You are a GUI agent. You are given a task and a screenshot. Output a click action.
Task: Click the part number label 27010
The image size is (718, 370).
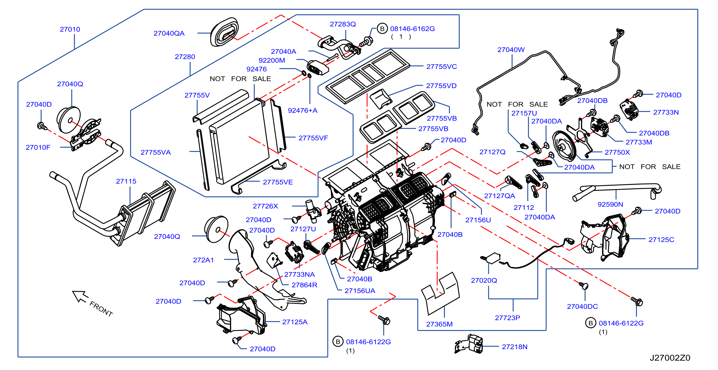coord(70,29)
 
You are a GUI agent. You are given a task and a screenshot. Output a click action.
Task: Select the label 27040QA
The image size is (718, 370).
coord(169,33)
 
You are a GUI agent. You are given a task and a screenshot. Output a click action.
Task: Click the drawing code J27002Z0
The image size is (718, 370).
coord(670,358)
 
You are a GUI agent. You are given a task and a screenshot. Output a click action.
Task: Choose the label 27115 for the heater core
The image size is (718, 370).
coord(126,181)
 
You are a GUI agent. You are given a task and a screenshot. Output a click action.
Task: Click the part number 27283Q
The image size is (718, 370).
coord(343,24)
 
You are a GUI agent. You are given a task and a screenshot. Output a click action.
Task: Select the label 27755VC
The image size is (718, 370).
coord(442,67)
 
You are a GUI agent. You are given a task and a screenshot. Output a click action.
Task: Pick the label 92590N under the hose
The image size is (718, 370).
coord(610,204)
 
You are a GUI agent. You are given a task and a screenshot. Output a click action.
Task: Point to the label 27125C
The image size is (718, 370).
coord(661,240)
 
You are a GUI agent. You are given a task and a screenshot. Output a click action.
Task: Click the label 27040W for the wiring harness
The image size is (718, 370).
coord(511,50)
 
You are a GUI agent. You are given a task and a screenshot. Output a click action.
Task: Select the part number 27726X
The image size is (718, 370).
coord(265,206)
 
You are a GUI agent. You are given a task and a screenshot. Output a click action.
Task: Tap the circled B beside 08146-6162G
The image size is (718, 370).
coord(382,29)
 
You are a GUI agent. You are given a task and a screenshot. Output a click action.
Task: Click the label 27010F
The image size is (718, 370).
coord(38,147)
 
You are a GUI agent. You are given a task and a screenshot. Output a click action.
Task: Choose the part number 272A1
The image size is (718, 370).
coord(203,260)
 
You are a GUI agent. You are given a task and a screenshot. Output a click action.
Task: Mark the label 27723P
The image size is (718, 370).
coord(507,318)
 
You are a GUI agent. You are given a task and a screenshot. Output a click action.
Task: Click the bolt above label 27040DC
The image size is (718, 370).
coord(583,285)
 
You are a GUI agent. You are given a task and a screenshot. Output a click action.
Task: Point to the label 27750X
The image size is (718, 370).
coord(617,152)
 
